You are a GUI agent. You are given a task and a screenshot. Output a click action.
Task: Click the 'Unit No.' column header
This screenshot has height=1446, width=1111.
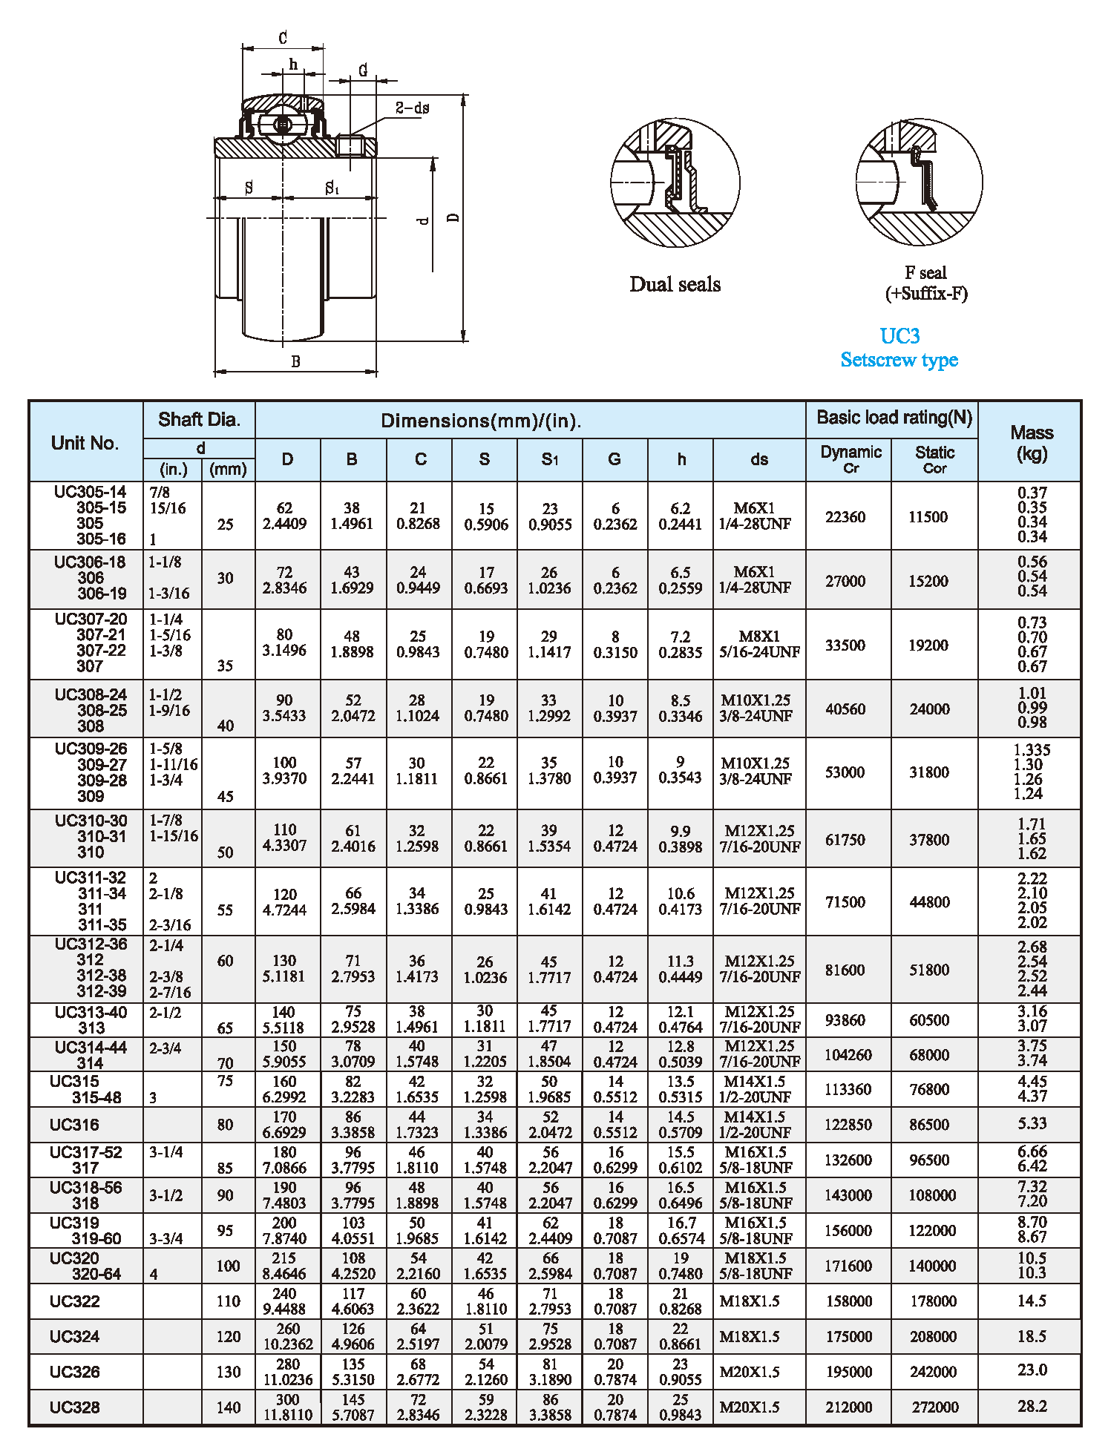(85, 443)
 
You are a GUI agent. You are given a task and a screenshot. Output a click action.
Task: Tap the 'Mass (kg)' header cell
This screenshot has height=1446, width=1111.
(1031, 443)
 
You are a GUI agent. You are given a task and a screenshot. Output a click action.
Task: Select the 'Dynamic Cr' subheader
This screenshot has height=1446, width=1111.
(851, 459)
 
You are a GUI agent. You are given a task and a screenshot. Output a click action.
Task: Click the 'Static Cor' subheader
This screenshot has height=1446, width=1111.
(934, 459)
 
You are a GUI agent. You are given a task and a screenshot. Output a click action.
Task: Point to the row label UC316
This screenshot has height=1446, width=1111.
(74, 1125)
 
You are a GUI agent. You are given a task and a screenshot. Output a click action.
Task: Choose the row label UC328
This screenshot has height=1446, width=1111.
(74, 1407)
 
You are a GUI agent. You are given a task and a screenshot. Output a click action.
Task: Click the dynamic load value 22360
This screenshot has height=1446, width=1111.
(845, 517)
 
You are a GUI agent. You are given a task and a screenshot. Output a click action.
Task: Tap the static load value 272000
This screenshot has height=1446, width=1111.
(934, 1407)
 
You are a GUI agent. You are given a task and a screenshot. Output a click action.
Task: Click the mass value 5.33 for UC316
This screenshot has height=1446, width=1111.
(1032, 1124)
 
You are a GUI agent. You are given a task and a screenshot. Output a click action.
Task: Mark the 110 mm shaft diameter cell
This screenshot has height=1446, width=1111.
(228, 1301)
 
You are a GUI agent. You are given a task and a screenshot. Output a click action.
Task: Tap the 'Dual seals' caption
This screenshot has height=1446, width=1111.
(675, 284)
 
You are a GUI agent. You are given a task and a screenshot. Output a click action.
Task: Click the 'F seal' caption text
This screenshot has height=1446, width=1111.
(925, 273)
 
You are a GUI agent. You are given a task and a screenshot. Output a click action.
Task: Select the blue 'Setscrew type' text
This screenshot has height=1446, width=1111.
(899, 360)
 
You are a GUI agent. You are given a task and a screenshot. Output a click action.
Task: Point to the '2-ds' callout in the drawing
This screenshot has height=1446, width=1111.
(412, 108)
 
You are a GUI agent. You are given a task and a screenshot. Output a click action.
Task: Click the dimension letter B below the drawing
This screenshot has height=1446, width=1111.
(295, 362)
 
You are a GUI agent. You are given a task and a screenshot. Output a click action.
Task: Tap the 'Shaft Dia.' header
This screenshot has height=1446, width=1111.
(199, 420)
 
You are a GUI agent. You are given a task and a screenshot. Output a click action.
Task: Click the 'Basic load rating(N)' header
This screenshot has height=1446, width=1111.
(894, 418)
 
